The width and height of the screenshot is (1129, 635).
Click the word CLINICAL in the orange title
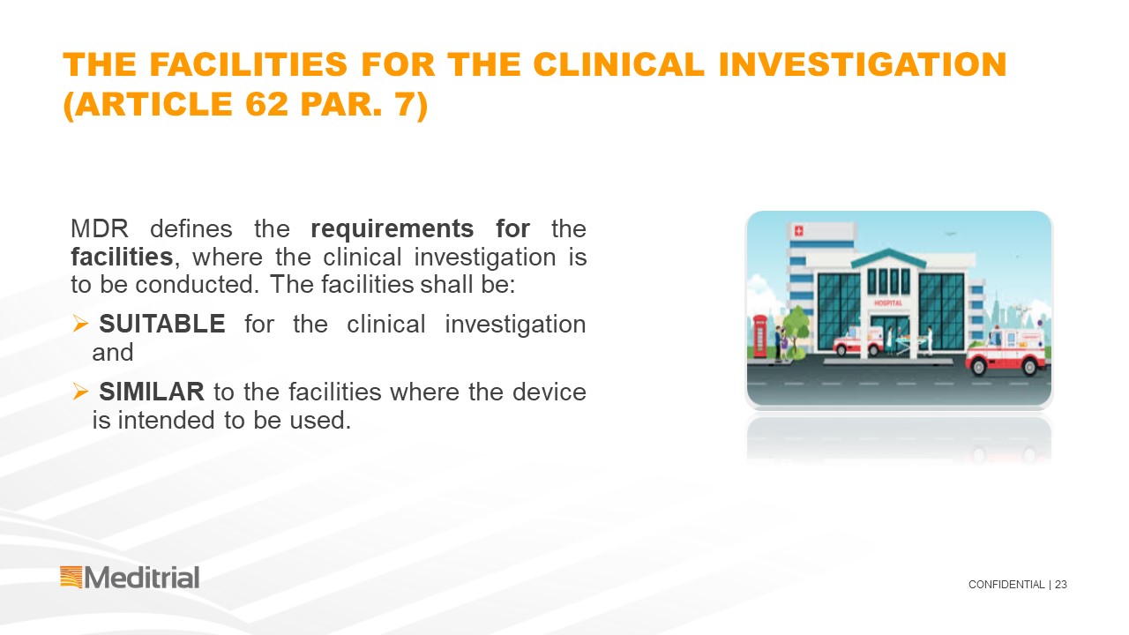[618, 64]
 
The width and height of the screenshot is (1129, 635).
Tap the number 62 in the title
[266, 104]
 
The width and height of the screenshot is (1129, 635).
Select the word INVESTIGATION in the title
[863, 64]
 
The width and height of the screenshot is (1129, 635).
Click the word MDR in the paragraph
[100, 228]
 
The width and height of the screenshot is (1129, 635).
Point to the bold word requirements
[393, 229]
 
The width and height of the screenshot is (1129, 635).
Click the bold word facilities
[122, 257]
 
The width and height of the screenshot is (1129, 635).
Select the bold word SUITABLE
[161, 324]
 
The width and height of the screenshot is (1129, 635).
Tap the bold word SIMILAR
[151, 392]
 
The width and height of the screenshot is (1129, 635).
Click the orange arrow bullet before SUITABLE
[80, 324]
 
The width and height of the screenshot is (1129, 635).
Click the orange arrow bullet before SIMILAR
[80, 391]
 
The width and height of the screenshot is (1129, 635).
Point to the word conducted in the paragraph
[197, 285]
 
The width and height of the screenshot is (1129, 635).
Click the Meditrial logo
[130, 578]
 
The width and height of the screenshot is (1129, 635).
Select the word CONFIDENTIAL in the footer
[1006, 585]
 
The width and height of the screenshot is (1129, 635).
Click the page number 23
[1061, 585]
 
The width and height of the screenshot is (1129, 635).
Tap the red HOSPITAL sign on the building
[888, 303]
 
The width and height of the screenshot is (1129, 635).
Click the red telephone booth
[759, 336]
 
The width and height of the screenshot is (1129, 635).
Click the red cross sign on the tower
[798, 231]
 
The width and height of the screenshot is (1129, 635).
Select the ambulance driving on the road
[1007, 351]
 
